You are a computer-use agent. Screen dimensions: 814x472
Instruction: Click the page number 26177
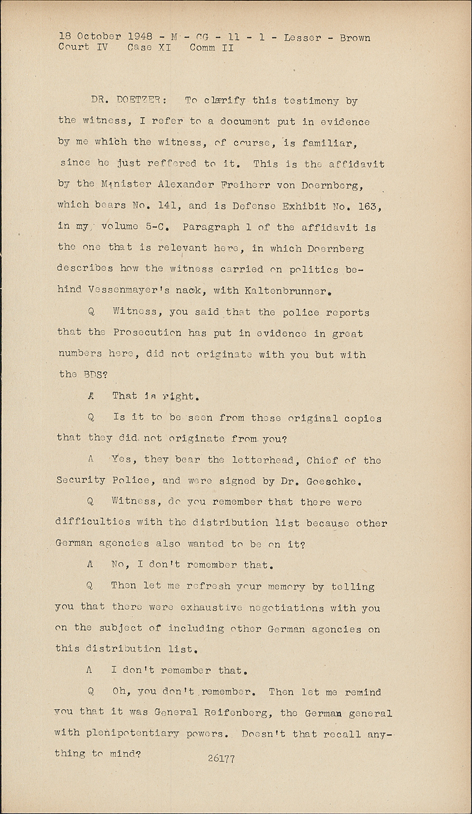click(221, 759)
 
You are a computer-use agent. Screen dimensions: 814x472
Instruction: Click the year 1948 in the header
click(140, 37)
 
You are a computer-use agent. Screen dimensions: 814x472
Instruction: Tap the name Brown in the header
click(355, 38)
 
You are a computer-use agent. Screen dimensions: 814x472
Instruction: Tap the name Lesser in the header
click(302, 38)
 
